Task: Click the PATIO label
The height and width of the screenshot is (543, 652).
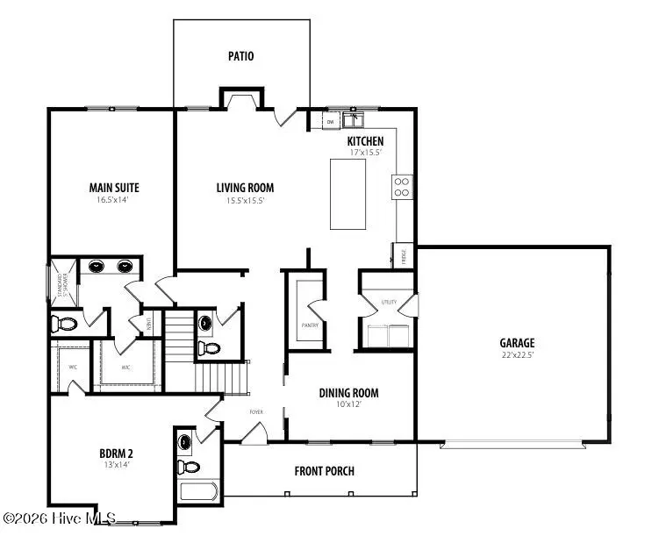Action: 240,56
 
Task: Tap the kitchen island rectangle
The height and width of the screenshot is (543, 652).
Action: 347,193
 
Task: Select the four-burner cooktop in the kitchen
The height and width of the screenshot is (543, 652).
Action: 402,186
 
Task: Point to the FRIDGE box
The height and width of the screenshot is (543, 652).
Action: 404,256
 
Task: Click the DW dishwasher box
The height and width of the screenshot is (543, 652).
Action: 331,122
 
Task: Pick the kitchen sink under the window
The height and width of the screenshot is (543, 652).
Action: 355,120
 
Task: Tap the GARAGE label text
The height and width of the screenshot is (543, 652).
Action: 517,343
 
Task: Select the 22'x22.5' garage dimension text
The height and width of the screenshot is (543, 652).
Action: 517,356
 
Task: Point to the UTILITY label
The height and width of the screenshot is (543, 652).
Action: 389,303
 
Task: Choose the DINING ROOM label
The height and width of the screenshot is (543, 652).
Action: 348,393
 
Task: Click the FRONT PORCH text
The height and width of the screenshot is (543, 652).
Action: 325,471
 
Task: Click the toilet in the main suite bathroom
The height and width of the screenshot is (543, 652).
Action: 66,324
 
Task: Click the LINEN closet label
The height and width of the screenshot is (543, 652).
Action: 148,323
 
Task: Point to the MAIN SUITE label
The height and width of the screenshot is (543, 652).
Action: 114,187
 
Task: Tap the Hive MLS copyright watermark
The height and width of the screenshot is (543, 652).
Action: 60,520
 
